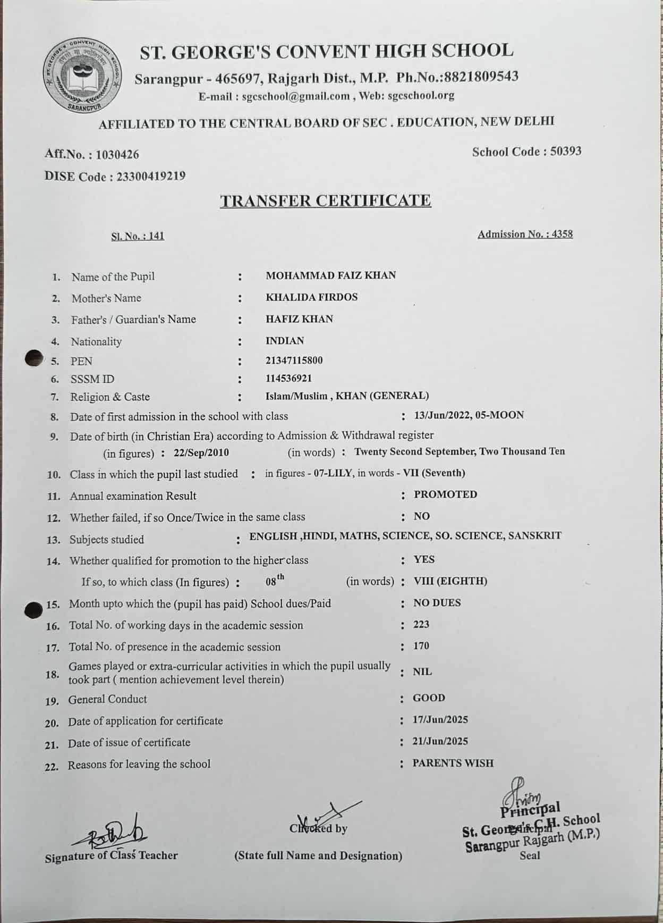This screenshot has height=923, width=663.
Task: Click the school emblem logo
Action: [81, 75]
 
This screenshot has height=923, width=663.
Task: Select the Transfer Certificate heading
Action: [325, 200]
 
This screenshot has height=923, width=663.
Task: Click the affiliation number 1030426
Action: [117, 155]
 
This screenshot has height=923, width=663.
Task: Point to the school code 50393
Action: [566, 151]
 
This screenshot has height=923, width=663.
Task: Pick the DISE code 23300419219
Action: [151, 177]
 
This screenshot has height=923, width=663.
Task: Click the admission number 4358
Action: [562, 234]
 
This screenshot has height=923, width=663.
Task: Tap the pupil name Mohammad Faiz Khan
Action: [330, 275]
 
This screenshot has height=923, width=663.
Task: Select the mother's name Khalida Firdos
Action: [311, 297]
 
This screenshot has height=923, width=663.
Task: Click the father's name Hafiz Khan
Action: [299, 319]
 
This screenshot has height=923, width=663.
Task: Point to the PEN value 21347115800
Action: [294, 360]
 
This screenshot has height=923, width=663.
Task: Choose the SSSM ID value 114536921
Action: [288, 379]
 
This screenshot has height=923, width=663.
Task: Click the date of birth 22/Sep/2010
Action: [201, 453]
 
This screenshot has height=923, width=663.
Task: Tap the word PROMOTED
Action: [445, 494]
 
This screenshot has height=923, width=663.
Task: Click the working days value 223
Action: [421, 625]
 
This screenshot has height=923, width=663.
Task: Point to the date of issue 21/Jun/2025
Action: [440, 741]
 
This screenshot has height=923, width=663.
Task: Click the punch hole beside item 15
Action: [34, 609]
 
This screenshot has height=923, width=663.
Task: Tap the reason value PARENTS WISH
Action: [453, 763]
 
